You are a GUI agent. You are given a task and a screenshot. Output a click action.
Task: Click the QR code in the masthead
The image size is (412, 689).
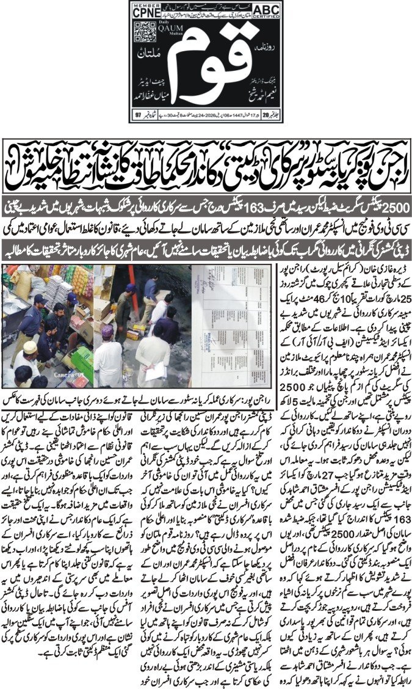(x=143, y=32)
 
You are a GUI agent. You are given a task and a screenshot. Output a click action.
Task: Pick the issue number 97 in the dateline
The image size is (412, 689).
(x=139, y=114)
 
